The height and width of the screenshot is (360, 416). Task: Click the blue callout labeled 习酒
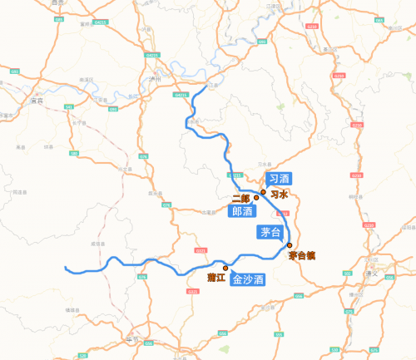[x=278, y=179]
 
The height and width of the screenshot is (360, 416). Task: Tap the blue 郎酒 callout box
[x=242, y=212]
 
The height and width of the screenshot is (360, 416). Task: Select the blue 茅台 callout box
[x=269, y=232]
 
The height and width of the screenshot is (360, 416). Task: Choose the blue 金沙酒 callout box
[x=248, y=280]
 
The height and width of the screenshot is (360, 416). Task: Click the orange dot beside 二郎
[x=256, y=198]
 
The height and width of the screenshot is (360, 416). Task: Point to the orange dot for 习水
[x=263, y=193]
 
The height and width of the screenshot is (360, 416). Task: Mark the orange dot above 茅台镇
[x=290, y=245]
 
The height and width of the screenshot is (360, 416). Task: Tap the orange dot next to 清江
[x=225, y=268]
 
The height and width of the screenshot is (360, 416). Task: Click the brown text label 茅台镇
[x=301, y=257]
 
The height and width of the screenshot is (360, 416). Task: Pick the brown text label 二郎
[x=241, y=198]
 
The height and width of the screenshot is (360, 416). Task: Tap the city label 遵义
[x=384, y=273]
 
